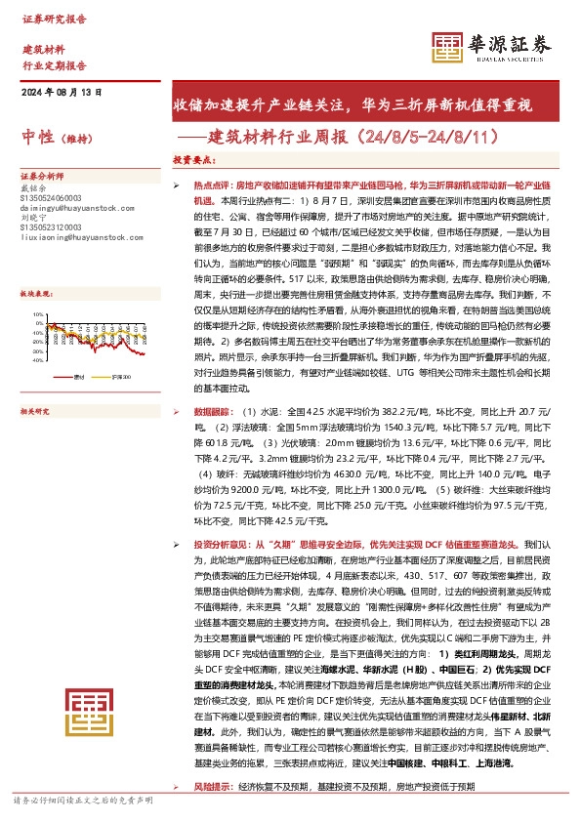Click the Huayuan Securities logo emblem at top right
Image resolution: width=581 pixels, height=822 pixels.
pos(449,45)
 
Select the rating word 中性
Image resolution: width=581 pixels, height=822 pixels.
pos(38,138)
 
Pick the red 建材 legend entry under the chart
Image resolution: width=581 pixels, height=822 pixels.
pos(79,347)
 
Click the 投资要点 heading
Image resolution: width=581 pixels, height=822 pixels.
pos(194,159)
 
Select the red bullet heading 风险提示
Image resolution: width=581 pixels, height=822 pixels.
pos(214,786)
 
